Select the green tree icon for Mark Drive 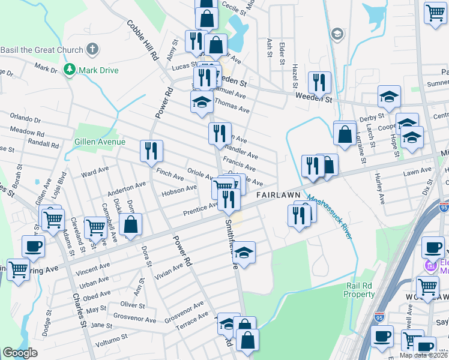point(70,70)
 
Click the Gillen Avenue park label point(99,142)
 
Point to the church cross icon point(92,48)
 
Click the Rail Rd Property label point(359,290)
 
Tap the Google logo point(20,353)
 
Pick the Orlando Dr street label point(25,119)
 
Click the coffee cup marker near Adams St point(33,245)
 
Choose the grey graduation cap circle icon point(337,33)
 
